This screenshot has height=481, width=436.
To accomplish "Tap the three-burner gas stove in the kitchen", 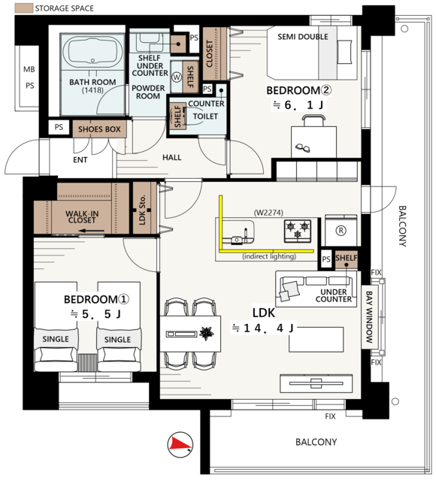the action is (298, 231).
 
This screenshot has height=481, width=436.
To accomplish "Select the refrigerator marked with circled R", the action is (341, 231).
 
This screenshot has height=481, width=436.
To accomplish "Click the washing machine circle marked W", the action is (177, 77).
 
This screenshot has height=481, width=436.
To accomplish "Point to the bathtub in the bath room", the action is (92, 52).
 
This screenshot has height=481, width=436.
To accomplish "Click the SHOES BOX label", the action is (99, 129).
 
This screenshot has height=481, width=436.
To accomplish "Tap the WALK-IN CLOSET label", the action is (82, 216).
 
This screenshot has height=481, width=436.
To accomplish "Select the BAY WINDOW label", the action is (369, 317).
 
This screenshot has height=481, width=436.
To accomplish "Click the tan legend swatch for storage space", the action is (24, 8).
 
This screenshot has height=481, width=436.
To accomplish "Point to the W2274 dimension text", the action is (268, 212).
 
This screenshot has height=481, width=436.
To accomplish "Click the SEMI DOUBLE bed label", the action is (302, 37).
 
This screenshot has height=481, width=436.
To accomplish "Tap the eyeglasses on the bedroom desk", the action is (302, 148).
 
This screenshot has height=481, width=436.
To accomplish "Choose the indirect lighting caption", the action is (269, 256).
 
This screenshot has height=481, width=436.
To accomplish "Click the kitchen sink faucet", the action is (245, 234).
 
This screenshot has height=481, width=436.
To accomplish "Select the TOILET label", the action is (205, 116).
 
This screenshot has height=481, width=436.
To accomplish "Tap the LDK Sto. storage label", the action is (142, 210).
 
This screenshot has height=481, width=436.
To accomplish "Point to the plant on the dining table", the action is (207, 333).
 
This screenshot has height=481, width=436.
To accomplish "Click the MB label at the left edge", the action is (29, 69).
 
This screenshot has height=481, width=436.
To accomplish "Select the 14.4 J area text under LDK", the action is (262, 328).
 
